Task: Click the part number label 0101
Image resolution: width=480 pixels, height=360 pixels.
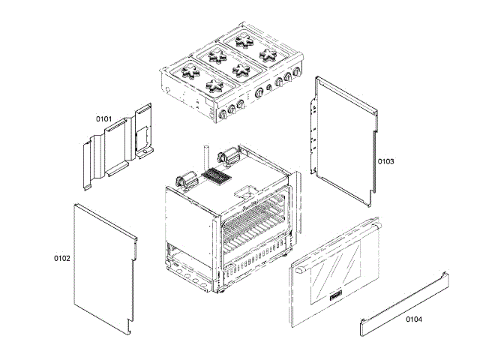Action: (x=103, y=118)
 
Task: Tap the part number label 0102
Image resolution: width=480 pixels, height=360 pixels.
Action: (x=61, y=258)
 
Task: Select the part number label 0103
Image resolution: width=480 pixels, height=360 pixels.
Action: (x=385, y=161)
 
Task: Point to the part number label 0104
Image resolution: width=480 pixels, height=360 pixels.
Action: (x=413, y=319)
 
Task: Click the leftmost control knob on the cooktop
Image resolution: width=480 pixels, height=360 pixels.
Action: (x=223, y=115)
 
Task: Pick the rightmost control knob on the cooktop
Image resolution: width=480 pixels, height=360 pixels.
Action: (x=298, y=73)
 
